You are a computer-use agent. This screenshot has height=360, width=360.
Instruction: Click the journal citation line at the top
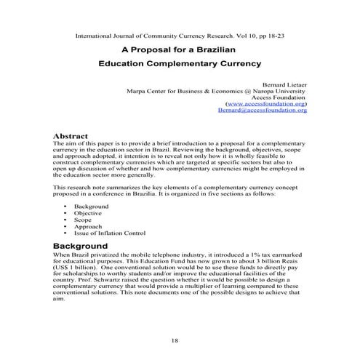click(180, 36)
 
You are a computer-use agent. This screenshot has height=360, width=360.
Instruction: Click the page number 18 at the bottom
click(175, 340)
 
